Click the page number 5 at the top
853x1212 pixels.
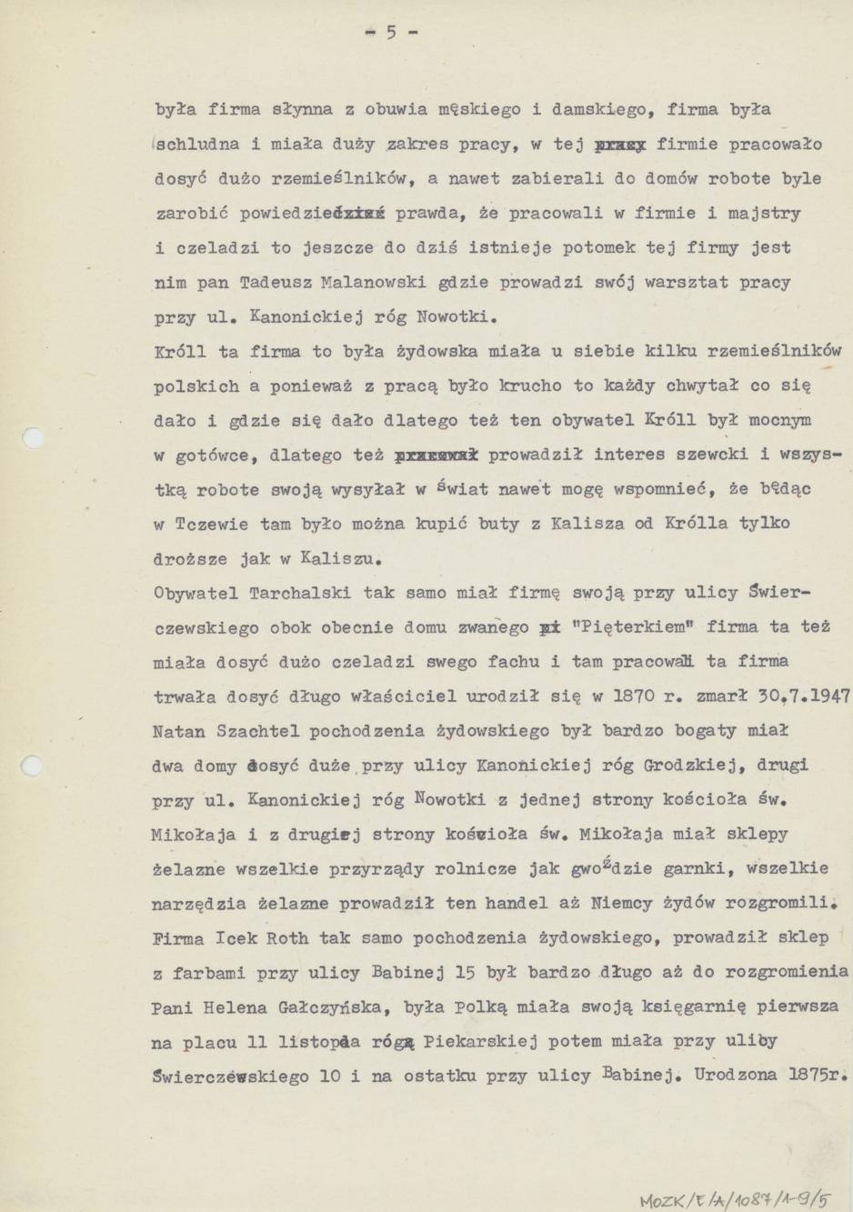coord(391,33)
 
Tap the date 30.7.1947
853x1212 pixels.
coord(804,696)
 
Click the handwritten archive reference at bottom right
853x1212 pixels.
coord(735,1199)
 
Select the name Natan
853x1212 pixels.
coord(179,731)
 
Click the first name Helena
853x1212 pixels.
coord(239,1007)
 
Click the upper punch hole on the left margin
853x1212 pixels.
coord(31,438)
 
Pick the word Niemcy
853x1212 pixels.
coord(633,904)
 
